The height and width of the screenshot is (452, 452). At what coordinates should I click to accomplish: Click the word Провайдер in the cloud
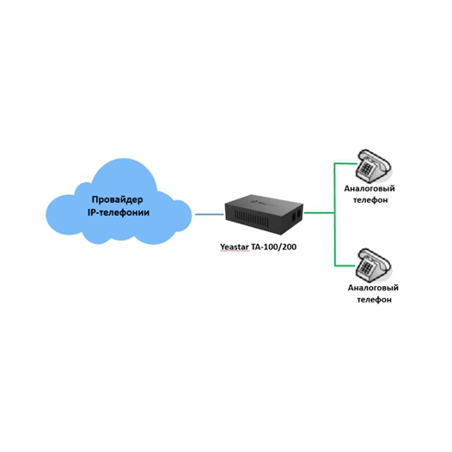pyautogui.click(x=118, y=199)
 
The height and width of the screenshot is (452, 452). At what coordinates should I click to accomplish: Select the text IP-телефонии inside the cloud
pyautogui.click(x=119, y=213)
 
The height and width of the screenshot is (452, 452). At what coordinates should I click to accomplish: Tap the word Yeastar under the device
pyautogui.click(x=235, y=247)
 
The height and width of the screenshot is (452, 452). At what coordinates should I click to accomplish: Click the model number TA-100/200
pyautogui.click(x=274, y=247)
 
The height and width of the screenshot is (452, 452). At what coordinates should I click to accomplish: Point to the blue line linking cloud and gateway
pyautogui.click(x=210, y=214)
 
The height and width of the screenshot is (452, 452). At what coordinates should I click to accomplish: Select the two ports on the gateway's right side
pyautogui.click(x=296, y=215)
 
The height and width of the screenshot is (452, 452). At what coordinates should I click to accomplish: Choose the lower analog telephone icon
pyautogui.click(x=373, y=266)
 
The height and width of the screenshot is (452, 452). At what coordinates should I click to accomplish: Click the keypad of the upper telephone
pyautogui.click(x=366, y=168)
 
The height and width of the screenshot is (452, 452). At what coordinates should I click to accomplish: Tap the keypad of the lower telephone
pyautogui.click(x=366, y=267)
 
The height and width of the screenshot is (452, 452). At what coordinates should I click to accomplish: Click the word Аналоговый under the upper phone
pyautogui.click(x=370, y=189)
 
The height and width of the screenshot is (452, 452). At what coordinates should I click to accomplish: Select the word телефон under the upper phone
pyautogui.click(x=370, y=200)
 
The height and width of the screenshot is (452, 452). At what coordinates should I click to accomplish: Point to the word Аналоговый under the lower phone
pyautogui.click(x=373, y=288)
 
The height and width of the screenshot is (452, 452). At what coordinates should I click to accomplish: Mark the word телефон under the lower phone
pyautogui.click(x=374, y=300)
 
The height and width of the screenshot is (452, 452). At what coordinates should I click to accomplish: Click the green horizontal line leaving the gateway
pyautogui.click(x=319, y=213)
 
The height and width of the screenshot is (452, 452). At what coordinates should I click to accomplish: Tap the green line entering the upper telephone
pyautogui.click(x=345, y=163)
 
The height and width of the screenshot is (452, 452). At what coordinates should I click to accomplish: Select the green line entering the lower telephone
pyautogui.click(x=345, y=266)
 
